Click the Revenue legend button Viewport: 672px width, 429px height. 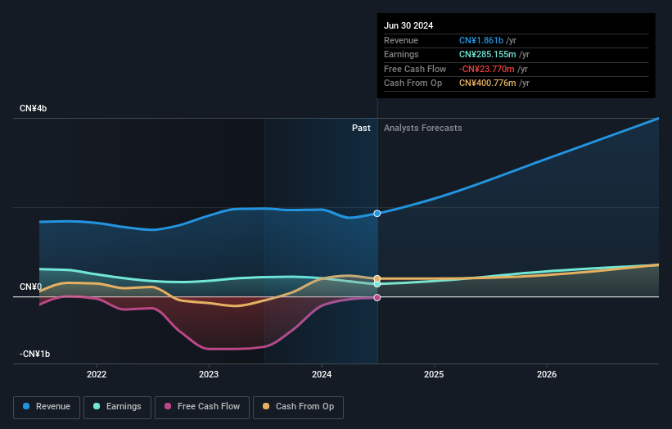(x=47, y=407)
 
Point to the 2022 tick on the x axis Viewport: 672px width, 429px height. (x=97, y=375)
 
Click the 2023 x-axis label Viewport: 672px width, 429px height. (x=209, y=375)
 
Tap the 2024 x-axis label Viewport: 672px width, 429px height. (x=322, y=375)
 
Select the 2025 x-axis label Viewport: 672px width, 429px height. (x=434, y=375)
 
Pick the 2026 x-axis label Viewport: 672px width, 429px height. (x=547, y=375)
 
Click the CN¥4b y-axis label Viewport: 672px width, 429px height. (x=34, y=109)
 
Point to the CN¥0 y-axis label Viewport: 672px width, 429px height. (x=31, y=287)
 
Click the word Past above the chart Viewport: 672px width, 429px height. (x=361, y=129)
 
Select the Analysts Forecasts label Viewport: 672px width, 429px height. (x=422, y=129)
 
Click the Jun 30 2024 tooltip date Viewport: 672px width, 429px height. (x=408, y=25)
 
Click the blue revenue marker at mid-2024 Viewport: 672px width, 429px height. (x=377, y=214)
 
